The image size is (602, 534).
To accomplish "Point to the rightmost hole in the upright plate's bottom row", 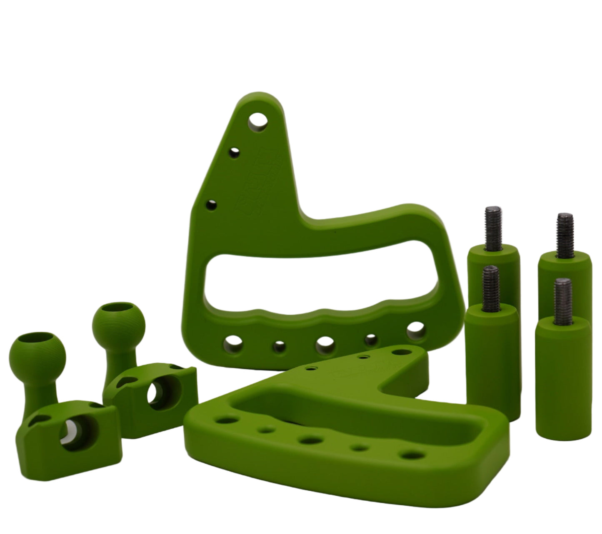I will (416, 331).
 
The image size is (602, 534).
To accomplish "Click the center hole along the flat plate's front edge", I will (309, 440).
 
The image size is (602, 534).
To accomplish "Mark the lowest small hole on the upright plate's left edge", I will (212, 205).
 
